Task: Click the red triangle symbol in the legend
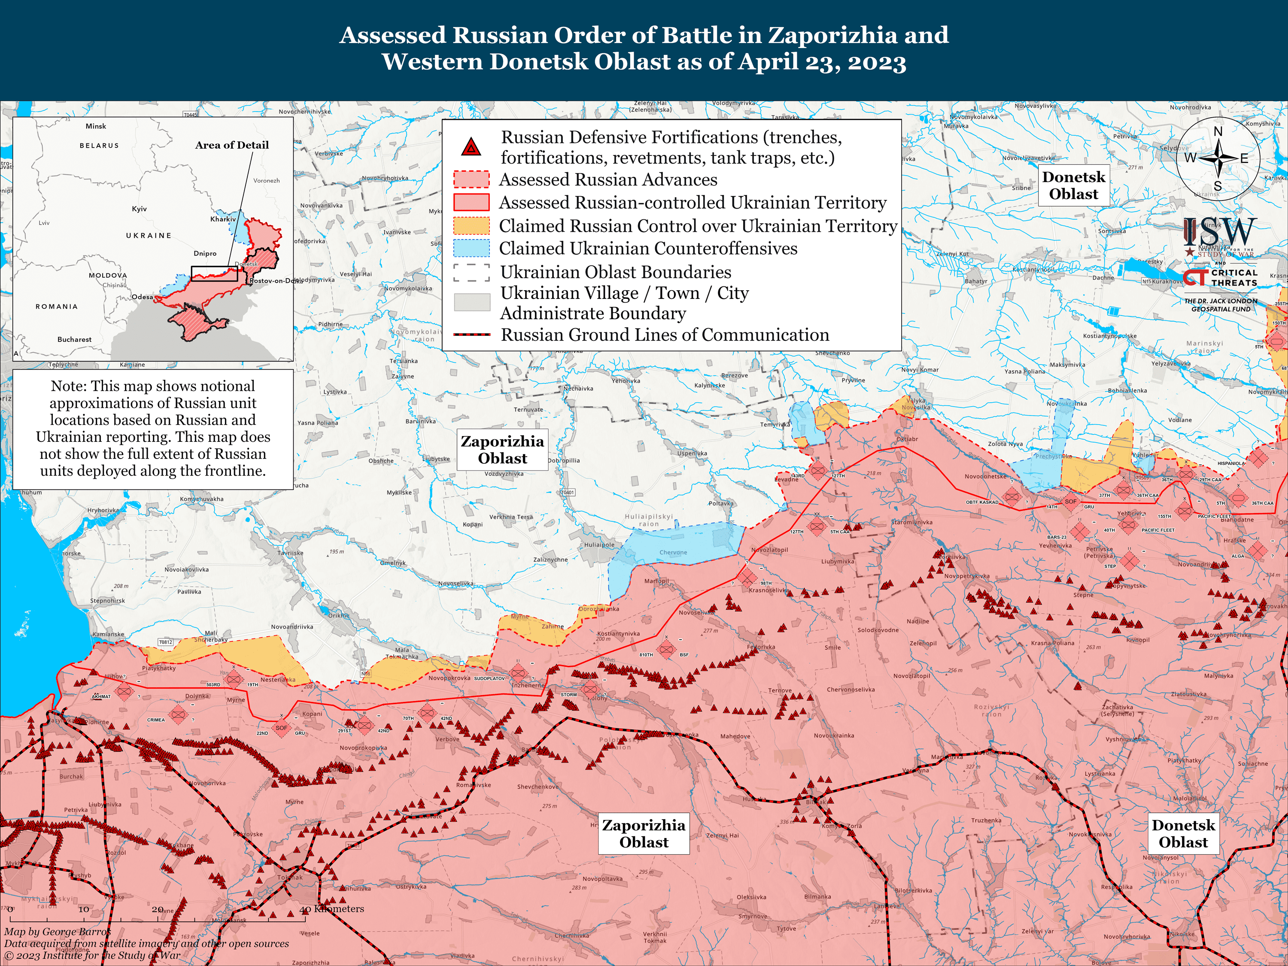click(471, 147)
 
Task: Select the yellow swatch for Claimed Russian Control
click(471, 226)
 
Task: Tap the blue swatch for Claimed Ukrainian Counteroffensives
click(471, 249)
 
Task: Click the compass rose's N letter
click(1218, 132)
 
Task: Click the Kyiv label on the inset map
click(139, 209)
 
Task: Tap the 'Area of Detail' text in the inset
click(232, 145)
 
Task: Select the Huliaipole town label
click(599, 545)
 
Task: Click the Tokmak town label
click(289, 878)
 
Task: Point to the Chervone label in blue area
click(673, 553)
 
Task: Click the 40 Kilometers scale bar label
click(332, 909)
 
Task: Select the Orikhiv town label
click(338, 616)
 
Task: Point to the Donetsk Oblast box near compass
click(1073, 185)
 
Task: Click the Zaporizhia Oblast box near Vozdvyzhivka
click(502, 450)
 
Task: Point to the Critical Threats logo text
click(1234, 278)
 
